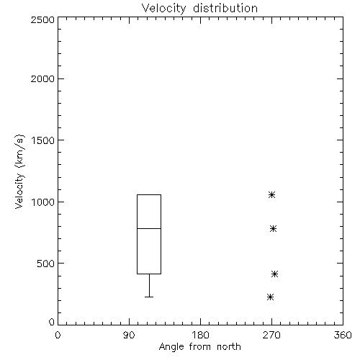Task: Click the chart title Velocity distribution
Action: coord(199,9)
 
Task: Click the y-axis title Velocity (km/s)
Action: coord(19,171)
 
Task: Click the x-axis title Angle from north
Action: coord(199,347)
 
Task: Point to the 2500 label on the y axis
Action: coord(42,19)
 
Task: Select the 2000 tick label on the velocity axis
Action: coord(42,78)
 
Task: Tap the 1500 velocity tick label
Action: coord(43,140)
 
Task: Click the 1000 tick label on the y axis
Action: coord(43,202)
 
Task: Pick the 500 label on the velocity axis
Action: coord(46,264)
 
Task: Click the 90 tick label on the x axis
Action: coord(129,335)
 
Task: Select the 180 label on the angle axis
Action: coord(200,335)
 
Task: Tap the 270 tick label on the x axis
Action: coord(271,335)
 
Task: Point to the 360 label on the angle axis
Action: coord(343,335)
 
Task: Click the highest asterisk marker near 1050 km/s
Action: coord(271,194)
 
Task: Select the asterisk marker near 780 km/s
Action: coord(273,229)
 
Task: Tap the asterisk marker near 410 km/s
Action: coord(274,274)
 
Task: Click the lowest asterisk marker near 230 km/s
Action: coord(270,297)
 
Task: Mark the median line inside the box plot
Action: coord(149,228)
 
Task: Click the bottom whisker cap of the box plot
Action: coord(149,297)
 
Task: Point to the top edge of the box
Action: coord(149,194)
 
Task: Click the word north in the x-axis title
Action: coord(229,347)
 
